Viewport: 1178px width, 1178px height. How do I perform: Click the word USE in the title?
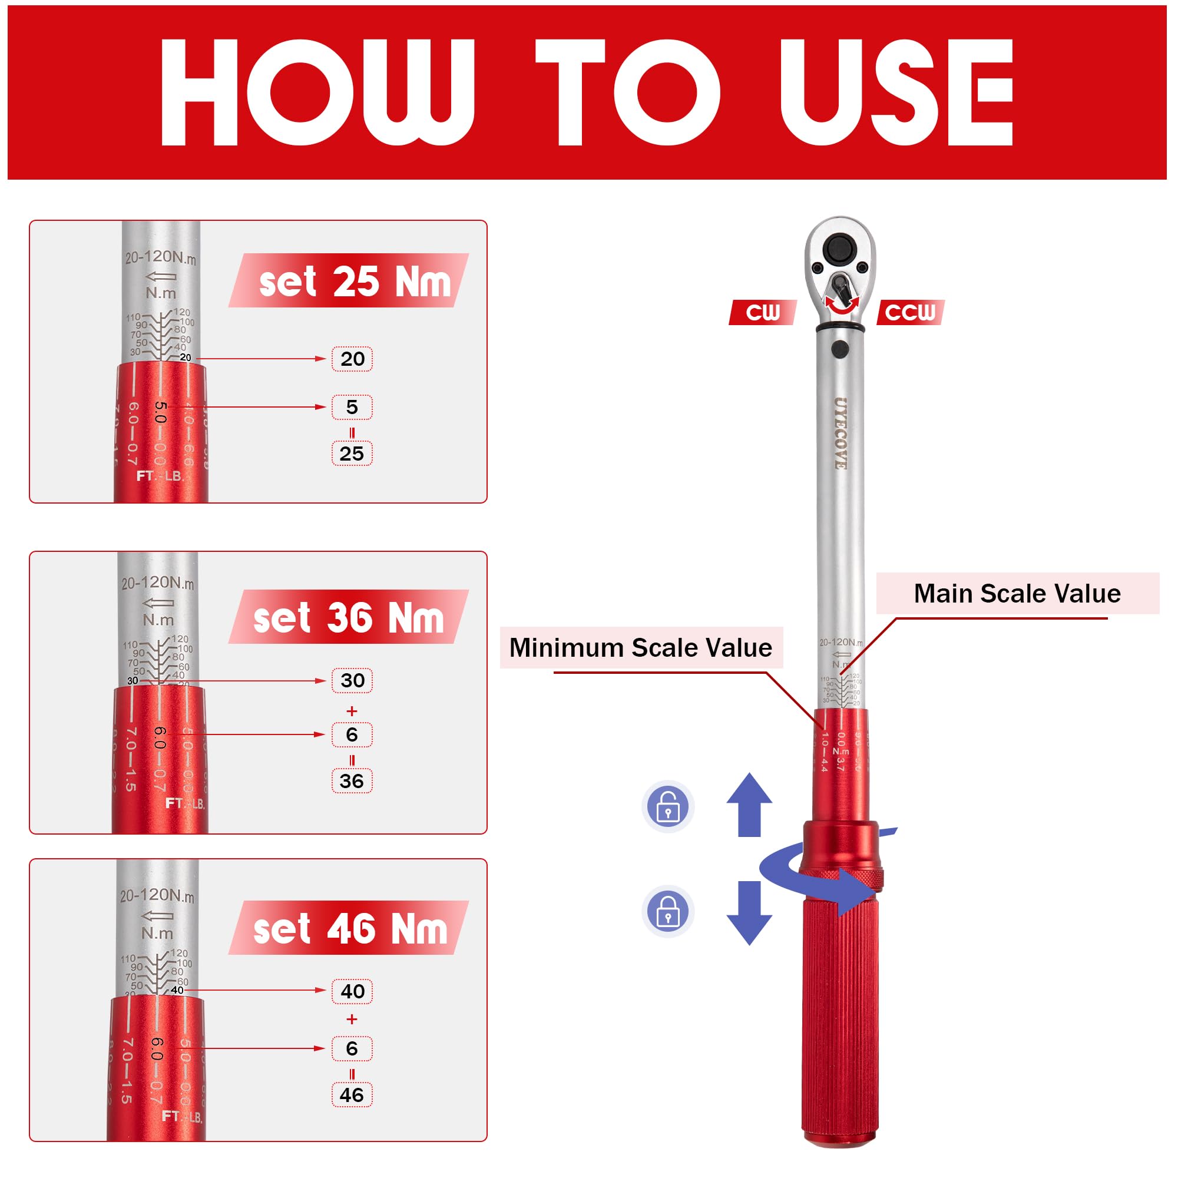coord(896,92)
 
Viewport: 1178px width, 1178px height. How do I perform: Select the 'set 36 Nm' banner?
coord(349,618)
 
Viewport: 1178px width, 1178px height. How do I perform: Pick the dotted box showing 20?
coord(352,359)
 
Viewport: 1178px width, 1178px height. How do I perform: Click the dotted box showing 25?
coord(352,454)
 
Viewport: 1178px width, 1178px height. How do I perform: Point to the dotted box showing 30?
coord(352,680)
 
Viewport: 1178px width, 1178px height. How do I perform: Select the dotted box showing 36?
coord(352,781)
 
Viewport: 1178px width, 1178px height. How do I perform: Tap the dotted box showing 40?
coord(352,991)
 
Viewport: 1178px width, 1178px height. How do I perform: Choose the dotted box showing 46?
coord(352,1095)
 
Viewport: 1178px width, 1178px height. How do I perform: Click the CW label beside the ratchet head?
coord(762,312)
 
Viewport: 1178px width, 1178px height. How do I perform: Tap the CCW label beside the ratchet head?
coord(910,312)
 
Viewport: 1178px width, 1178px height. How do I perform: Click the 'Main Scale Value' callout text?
coord(1017,593)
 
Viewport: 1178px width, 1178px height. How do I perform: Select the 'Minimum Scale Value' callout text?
coord(640,647)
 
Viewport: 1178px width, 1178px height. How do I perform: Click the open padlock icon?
coord(668,807)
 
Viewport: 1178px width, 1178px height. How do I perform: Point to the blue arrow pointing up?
coord(749,805)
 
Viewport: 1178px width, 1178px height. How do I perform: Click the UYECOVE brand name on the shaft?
coord(841,434)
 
